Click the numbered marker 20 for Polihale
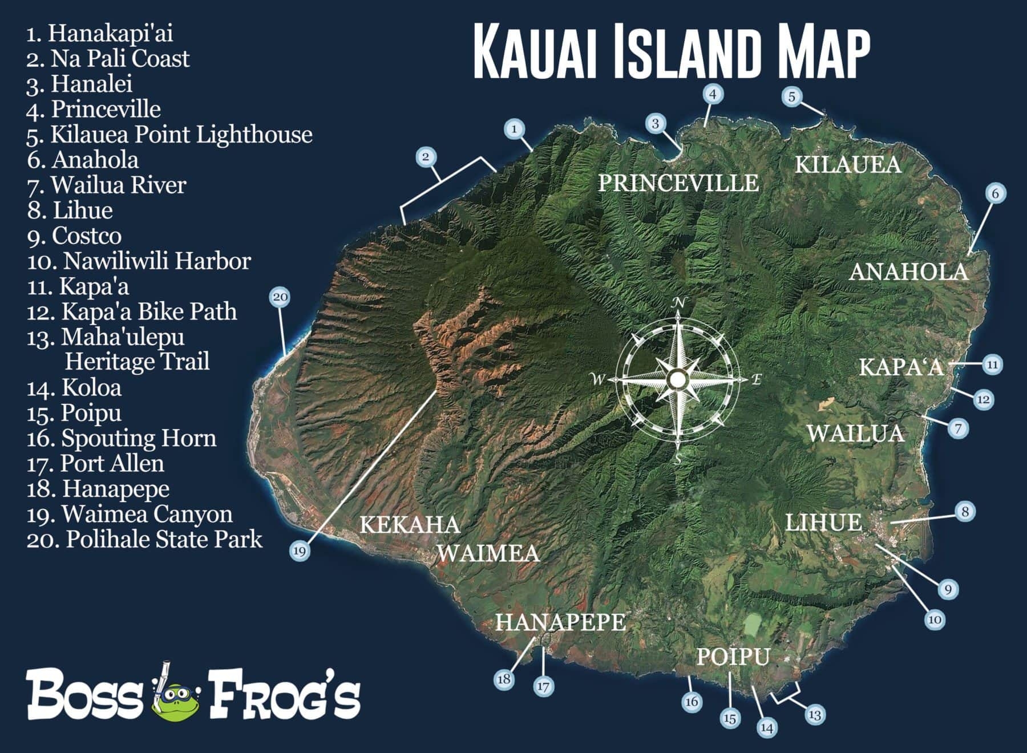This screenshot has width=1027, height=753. [x=280, y=297]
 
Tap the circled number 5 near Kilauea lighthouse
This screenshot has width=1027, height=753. [x=791, y=96]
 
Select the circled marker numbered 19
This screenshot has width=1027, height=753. [x=300, y=551]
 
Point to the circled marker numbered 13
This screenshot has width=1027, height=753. [x=815, y=715]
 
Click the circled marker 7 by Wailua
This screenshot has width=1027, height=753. [x=958, y=428]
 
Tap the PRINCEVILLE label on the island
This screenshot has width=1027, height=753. [x=678, y=183]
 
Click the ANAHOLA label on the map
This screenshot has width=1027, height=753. [x=908, y=272]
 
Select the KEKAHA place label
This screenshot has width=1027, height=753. [x=410, y=525]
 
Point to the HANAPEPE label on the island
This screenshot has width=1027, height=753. [x=560, y=622]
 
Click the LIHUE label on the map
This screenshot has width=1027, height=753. [x=823, y=523]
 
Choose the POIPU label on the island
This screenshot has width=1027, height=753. [x=733, y=657]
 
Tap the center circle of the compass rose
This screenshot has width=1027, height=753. [x=678, y=379]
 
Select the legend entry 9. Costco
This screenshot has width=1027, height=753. [x=75, y=236]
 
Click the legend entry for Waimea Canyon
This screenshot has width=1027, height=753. [x=130, y=515]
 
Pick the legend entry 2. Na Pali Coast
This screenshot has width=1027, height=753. [x=108, y=59]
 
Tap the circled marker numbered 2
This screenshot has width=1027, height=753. [x=426, y=156]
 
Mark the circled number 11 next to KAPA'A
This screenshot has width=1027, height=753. [x=993, y=365]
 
